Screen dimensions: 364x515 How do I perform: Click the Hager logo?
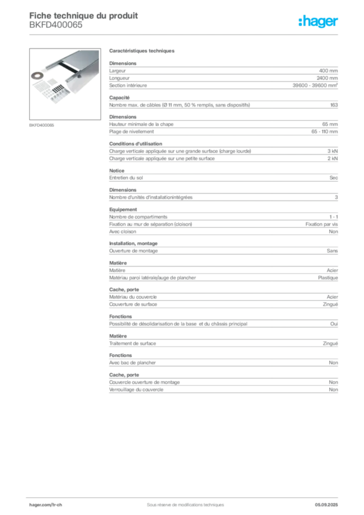click(x=318, y=21)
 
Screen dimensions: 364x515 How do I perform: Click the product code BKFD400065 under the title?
click(x=56, y=25)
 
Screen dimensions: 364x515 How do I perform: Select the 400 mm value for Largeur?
click(x=328, y=70)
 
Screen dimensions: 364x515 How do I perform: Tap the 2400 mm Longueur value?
click(x=327, y=78)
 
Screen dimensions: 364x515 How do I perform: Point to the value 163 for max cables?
click(x=334, y=105)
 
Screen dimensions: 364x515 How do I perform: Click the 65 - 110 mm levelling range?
click(x=325, y=132)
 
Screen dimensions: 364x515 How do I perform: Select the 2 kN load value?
click(x=332, y=158)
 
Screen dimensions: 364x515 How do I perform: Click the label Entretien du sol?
click(x=126, y=178)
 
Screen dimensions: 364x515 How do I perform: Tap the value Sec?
click(x=333, y=178)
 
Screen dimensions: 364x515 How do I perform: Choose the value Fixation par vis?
click(x=322, y=224)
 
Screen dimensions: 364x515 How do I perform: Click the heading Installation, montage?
click(x=133, y=243)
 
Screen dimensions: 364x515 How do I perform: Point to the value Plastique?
click(x=328, y=278)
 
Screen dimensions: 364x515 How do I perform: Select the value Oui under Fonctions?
click(x=334, y=324)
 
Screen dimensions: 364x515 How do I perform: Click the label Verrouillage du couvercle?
click(x=136, y=390)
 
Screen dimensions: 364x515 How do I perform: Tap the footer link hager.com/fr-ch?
click(x=46, y=505)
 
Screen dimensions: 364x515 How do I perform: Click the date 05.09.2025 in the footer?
click(x=326, y=505)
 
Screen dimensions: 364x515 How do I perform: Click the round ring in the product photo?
click(x=37, y=75)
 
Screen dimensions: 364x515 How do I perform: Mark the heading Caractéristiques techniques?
click(x=142, y=51)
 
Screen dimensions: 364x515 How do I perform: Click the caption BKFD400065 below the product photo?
click(x=42, y=125)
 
